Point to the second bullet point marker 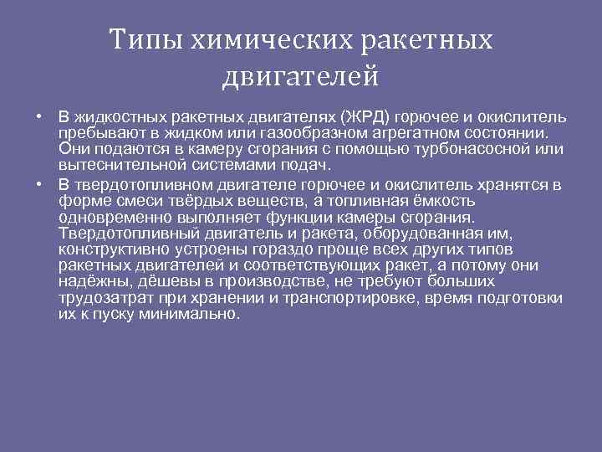[40, 184]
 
